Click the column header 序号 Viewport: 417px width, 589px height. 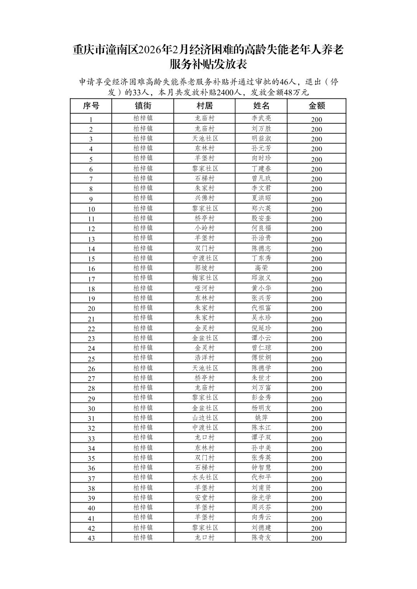91,106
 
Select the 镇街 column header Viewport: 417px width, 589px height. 143,106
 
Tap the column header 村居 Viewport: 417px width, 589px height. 204,106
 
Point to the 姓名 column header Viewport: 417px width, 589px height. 261,106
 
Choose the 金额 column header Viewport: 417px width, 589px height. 317,106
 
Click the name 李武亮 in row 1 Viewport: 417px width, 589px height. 261,118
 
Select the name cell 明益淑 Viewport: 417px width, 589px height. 261,138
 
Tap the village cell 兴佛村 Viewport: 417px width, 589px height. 204,198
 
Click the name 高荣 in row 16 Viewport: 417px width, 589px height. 261,268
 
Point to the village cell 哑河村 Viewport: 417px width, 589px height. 204,288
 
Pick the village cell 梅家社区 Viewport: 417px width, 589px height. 204,278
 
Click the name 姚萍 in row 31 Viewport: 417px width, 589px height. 261,418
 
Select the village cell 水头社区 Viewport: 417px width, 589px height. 204,477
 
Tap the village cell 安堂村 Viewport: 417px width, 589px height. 204,497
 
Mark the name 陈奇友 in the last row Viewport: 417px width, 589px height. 261,537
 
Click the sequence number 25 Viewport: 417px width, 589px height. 91,359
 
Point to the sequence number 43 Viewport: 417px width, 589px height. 91,538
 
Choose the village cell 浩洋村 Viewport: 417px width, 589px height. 204,358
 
